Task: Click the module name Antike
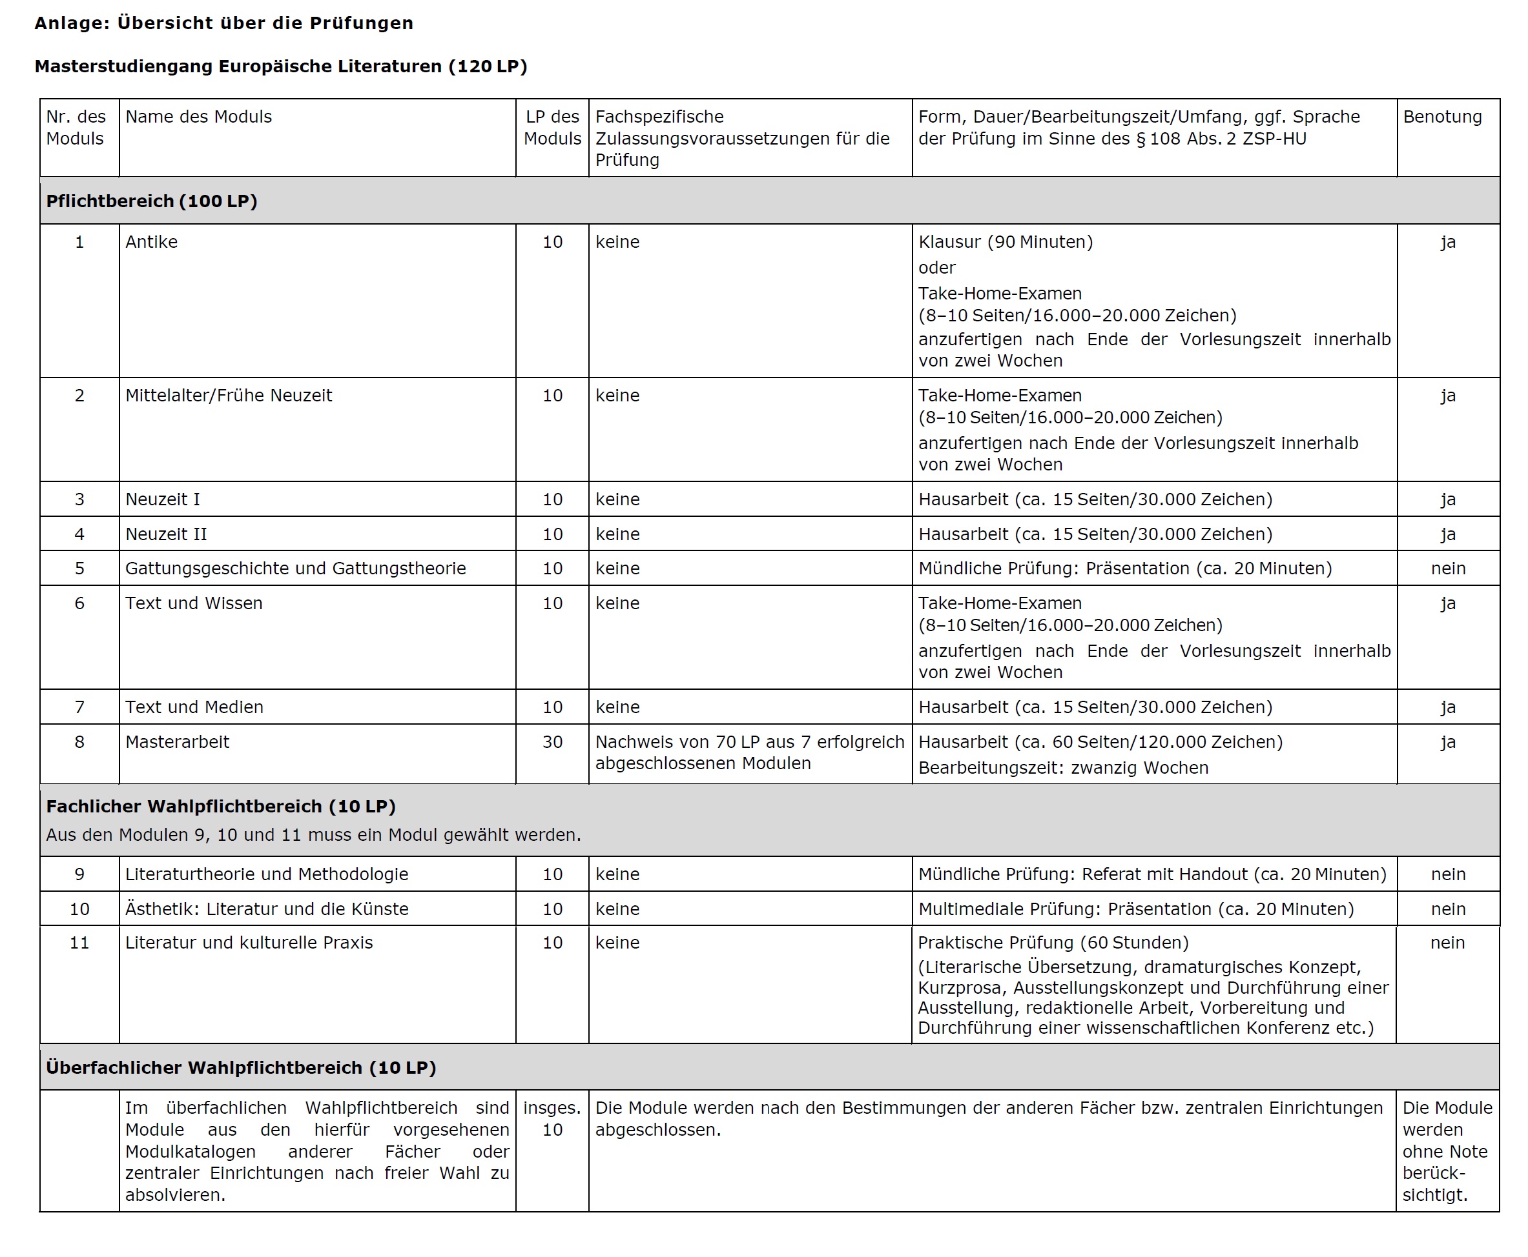151,242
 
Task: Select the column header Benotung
1441,117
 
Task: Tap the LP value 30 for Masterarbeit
552,741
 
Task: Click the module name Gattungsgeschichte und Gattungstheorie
296,568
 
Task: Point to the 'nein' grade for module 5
1447,568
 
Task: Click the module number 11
79,943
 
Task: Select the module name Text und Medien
194,707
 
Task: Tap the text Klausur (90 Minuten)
1006,242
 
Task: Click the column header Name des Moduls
198,117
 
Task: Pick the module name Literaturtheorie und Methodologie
267,874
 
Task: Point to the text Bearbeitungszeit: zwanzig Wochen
1063,767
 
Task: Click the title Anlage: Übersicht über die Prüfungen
224,23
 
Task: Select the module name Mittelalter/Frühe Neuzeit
228,396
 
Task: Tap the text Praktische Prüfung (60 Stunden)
1053,943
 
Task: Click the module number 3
79,499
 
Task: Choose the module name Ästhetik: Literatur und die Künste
267,909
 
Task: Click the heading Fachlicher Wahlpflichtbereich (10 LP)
221,806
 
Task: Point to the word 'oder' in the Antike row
937,268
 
